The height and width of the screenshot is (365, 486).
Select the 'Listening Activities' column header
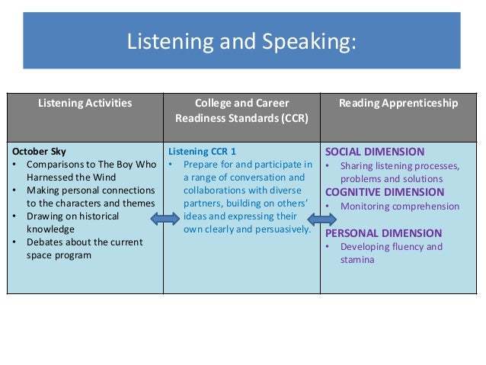(x=85, y=103)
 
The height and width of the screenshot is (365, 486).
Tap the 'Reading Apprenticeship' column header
(x=398, y=103)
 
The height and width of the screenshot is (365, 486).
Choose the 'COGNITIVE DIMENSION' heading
(x=385, y=192)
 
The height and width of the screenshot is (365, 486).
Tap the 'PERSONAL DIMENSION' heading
(x=382, y=233)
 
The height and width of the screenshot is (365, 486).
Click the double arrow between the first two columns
(x=165, y=220)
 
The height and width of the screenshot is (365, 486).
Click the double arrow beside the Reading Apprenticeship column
(x=322, y=219)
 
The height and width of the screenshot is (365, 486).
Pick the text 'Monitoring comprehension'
(x=400, y=206)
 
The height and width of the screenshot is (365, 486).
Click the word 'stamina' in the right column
(x=358, y=260)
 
